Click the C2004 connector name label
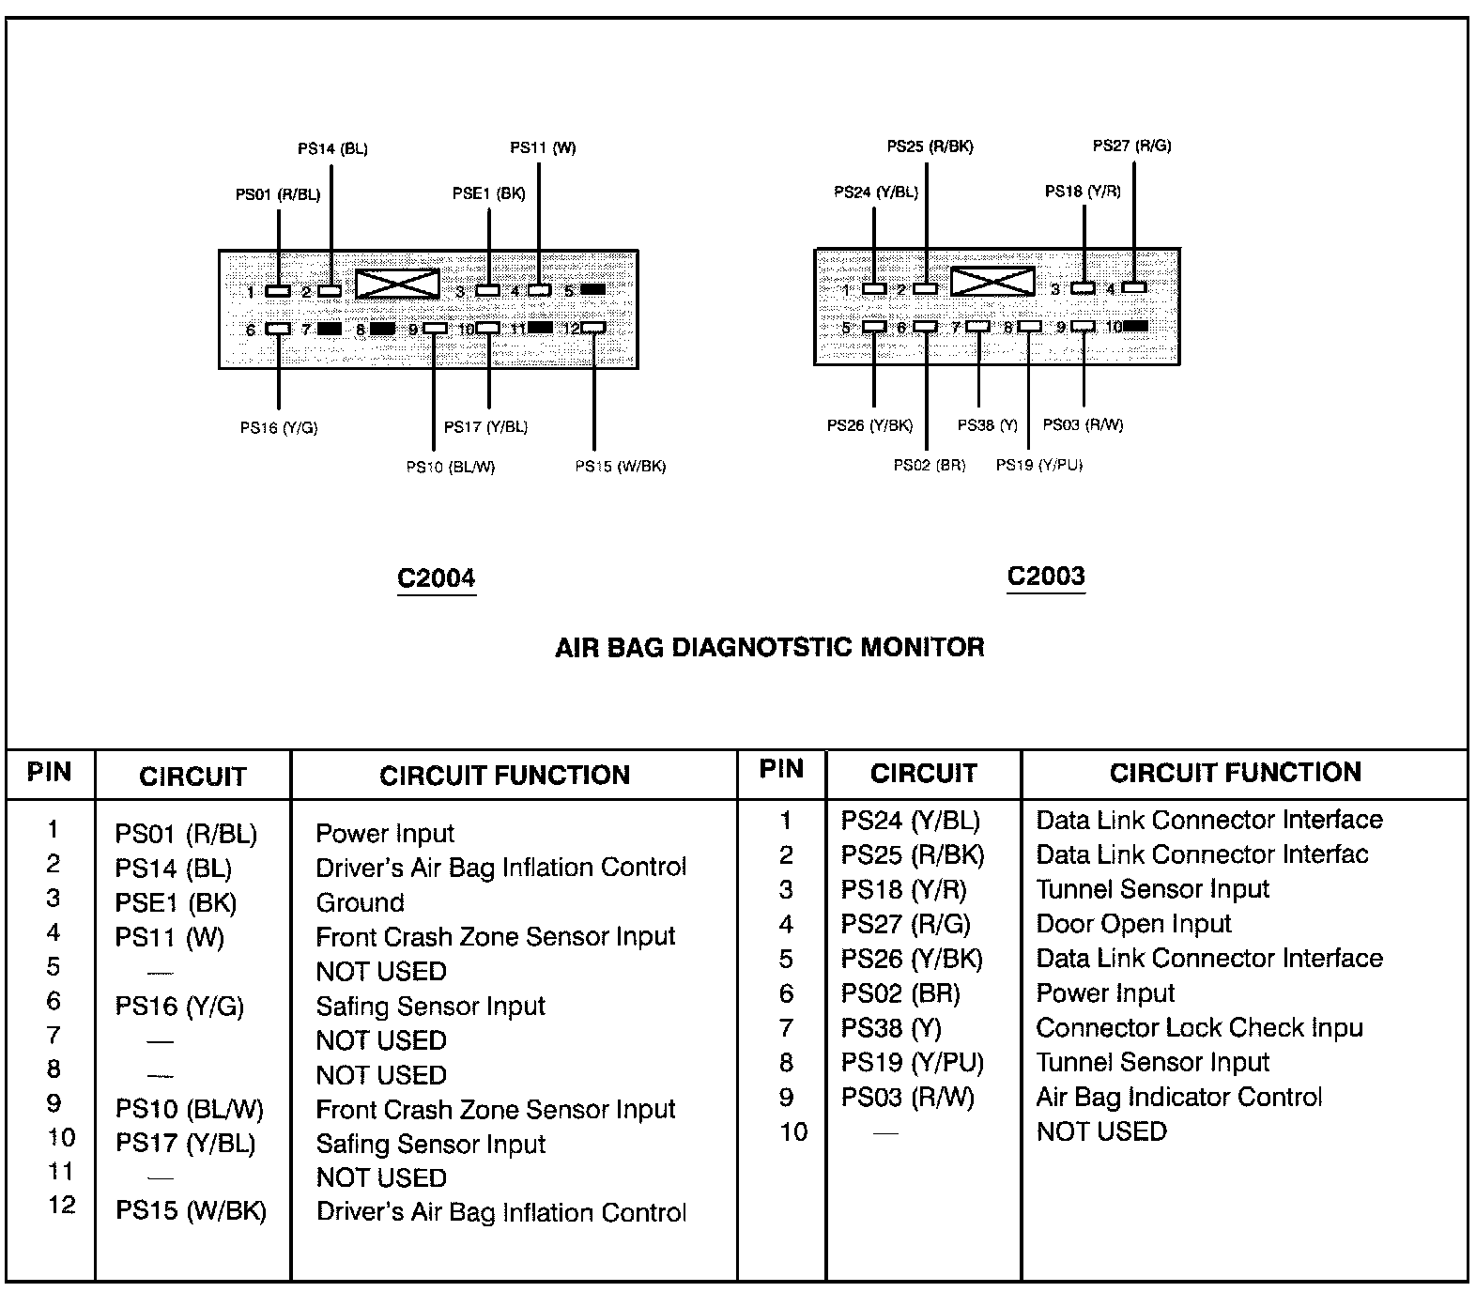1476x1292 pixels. [436, 577]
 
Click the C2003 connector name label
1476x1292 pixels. [1045, 576]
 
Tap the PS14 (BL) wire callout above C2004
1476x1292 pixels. [332, 148]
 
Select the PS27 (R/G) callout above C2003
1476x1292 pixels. [1131, 146]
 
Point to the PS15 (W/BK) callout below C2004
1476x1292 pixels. [620, 466]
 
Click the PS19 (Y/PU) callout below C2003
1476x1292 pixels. [1038, 464]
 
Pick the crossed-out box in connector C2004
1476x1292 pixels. [397, 285]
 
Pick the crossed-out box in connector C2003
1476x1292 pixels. [992, 282]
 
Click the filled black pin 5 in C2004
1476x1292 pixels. [592, 289]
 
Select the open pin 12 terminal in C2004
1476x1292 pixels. [593, 328]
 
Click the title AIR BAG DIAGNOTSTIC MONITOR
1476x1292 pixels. [769, 647]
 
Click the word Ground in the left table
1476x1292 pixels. [360, 902]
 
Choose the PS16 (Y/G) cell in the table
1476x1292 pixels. [179, 1007]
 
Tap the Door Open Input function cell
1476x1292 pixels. [1132, 924]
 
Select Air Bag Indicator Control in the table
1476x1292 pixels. [1178, 1097]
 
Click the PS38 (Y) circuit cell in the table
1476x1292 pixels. [890, 1028]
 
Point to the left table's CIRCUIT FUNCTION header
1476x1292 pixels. [504, 776]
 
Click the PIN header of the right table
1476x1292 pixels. [781, 769]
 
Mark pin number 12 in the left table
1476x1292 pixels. [61, 1206]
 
